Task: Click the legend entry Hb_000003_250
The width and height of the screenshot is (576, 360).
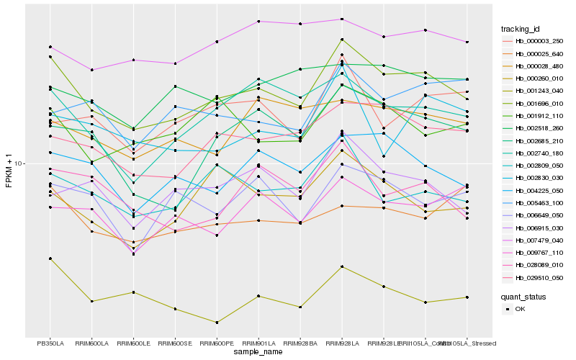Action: tap(539, 42)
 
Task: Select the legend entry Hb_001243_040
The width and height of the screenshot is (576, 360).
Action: tap(539, 91)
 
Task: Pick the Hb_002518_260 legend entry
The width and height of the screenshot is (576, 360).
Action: tap(539, 128)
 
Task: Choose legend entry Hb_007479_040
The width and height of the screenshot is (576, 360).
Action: tap(539, 240)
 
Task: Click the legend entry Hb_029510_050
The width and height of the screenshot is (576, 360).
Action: tap(539, 277)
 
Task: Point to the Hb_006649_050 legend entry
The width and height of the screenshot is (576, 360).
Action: tap(539, 215)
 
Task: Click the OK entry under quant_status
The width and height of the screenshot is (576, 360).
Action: tap(520, 308)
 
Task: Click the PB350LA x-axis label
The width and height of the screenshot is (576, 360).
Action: tap(50, 343)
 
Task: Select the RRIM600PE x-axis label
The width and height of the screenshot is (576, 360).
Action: tap(217, 343)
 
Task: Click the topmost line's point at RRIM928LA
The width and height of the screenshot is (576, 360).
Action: tap(342, 19)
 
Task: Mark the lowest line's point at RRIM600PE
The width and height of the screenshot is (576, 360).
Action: tap(217, 323)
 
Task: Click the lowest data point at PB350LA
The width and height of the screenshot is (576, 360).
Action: tap(50, 258)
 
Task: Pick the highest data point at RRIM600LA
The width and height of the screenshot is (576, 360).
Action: tap(92, 70)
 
